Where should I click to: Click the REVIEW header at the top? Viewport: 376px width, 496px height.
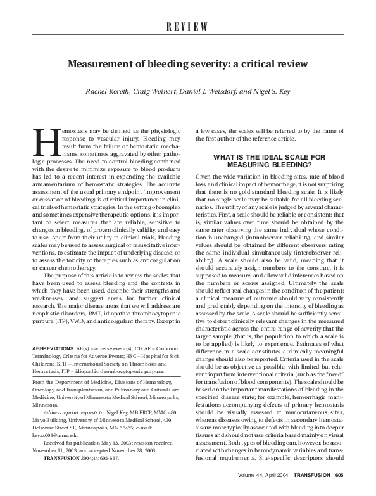[187, 26]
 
